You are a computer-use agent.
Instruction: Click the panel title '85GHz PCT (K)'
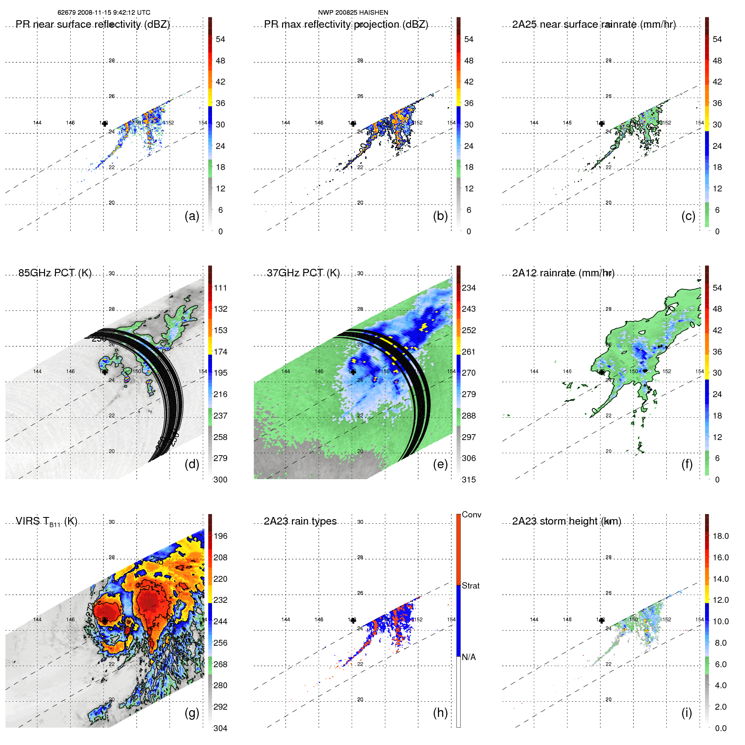(x=55, y=273)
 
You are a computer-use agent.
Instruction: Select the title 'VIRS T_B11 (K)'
(x=46, y=522)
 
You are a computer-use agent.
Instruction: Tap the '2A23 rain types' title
(x=300, y=522)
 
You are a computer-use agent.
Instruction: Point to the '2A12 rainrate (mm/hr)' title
(x=563, y=273)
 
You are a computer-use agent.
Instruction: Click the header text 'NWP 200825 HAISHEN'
(x=353, y=13)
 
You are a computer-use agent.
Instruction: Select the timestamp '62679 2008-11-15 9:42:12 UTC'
(x=104, y=13)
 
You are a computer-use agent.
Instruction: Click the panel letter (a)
(x=192, y=216)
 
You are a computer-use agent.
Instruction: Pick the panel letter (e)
(x=440, y=464)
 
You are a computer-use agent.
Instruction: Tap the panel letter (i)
(x=687, y=713)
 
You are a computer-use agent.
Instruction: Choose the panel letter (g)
(x=192, y=713)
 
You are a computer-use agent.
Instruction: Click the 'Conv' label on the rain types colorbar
(x=471, y=515)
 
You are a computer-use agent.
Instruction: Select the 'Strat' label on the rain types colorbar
(x=470, y=586)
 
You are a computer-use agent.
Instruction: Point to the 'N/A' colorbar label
(x=469, y=657)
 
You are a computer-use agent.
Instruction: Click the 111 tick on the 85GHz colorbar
(x=220, y=288)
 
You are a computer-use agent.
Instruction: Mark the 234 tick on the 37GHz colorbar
(x=469, y=288)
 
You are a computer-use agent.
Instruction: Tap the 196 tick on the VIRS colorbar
(x=220, y=536)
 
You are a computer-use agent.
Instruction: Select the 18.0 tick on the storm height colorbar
(x=720, y=536)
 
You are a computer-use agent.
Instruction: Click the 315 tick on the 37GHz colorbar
(x=469, y=480)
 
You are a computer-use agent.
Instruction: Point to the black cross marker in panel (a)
(x=105, y=124)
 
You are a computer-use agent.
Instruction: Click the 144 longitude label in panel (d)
(x=37, y=371)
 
